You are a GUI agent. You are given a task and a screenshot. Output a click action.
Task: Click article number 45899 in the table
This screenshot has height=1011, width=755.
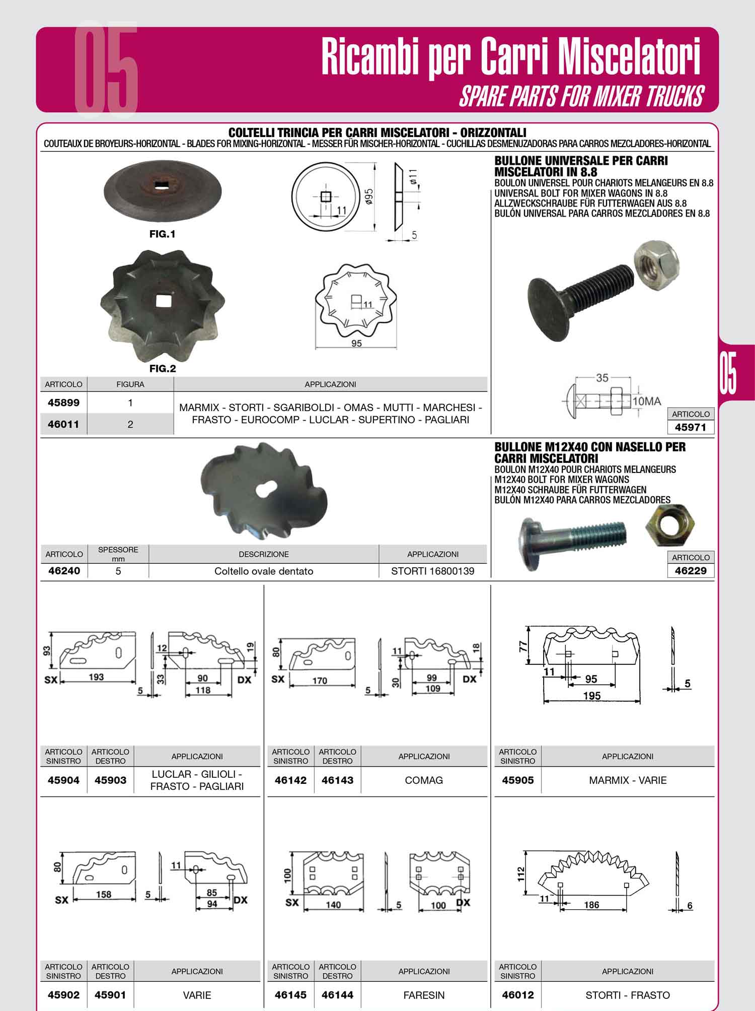pyautogui.click(x=63, y=402)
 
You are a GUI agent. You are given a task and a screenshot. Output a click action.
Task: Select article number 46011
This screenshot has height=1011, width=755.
pyautogui.click(x=63, y=424)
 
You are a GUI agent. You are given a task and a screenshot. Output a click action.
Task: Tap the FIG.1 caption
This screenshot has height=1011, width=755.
pyautogui.click(x=162, y=234)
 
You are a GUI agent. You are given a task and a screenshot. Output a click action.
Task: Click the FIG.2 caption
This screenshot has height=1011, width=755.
pyautogui.click(x=163, y=369)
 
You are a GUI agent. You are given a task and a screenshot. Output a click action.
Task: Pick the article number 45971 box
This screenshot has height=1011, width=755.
pyautogui.click(x=691, y=427)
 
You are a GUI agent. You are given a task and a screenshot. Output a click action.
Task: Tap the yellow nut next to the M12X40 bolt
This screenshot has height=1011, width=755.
pyautogui.click(x=667, y=528)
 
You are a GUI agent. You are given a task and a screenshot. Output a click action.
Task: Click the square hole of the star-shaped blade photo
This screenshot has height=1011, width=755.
pyautogui.click(x=163, y=301)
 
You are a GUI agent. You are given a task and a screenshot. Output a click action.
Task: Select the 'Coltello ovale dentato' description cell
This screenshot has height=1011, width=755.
pyautogui.click(x=264, y=571)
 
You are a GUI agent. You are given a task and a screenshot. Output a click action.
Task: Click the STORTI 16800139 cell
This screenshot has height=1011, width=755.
pyautogui.click(x=433, y=571)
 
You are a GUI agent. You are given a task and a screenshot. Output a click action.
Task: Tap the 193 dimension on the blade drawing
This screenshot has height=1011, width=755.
pyautogui.click(x=96, y=677)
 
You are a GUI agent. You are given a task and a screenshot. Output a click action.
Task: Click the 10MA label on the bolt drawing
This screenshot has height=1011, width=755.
pyautogui.click(x=647, y=401)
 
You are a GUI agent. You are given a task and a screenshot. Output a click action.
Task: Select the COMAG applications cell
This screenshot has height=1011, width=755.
pyautogui.click(x=424, y=780)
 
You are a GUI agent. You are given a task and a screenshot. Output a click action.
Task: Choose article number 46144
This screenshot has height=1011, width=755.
pyautogui.click(x=337, y=995)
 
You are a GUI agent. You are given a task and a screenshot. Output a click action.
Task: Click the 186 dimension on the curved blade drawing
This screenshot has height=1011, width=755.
pyautogui.click(x=591, y=905)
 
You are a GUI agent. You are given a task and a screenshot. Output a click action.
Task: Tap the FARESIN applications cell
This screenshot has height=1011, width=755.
pyautogui.click(x=424, y=995)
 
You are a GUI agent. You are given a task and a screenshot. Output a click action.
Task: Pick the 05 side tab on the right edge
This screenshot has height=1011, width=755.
pyautogui.click(x=728, y=373)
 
